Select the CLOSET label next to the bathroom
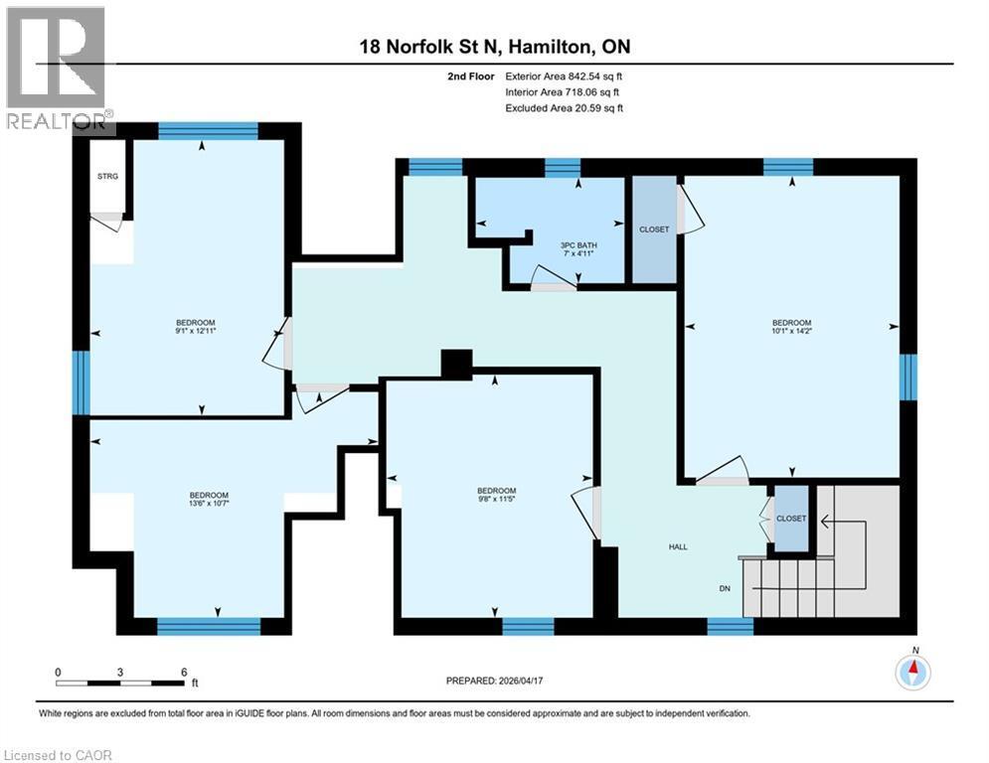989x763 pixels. click(654, 229)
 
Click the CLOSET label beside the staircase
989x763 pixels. click(791, 519)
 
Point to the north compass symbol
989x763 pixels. click(912, 672)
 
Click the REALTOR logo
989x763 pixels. click(56, 70)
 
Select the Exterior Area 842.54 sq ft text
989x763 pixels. click(565, 76)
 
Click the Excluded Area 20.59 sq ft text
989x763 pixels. click(565, 107)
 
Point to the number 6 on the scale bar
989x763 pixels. click(184, 673)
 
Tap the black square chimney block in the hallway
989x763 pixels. click(456, 365)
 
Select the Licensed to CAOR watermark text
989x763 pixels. click(58, 755)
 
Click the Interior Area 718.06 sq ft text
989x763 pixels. click(565, 91)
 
